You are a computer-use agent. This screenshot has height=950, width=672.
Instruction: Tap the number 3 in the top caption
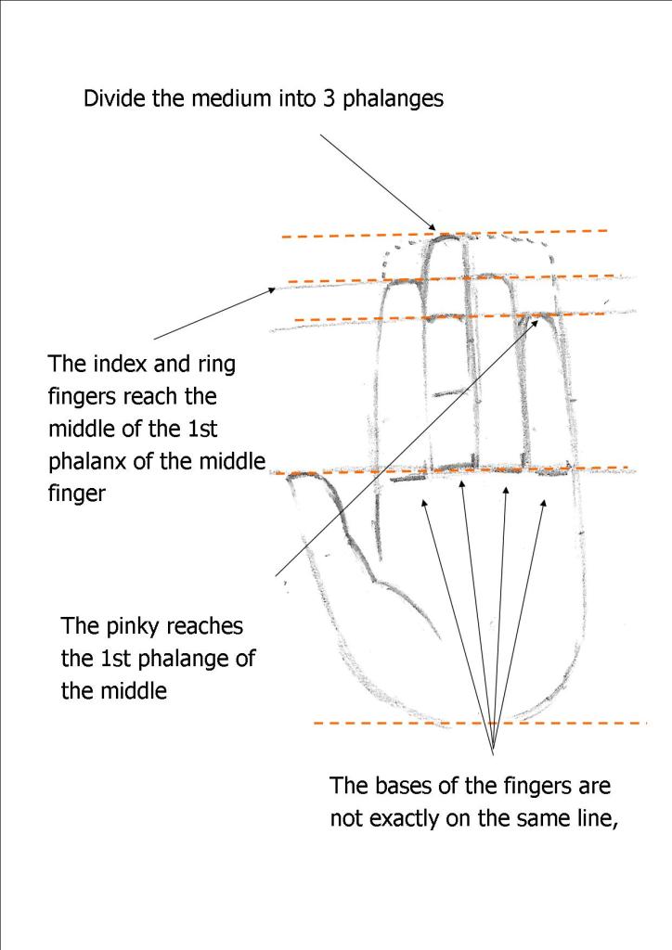pyautogui.click(x=329, y=98)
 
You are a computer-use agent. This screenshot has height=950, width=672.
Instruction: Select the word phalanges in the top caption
pyautogui.click(x=394, y=99)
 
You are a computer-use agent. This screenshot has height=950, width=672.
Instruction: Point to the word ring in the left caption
pyautogui.click(x=216, y=365)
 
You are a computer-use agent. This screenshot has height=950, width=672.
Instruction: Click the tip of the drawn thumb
pyautogui.click(x=291, y=477)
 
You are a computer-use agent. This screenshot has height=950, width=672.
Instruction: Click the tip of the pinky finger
pyautogui.click(x=540, y=315)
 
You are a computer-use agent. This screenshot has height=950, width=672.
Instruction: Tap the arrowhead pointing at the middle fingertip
pyautogui.click(x=432, y=226)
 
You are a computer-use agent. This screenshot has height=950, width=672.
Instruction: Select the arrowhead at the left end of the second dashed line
pyautogui.click(x=271, y=290)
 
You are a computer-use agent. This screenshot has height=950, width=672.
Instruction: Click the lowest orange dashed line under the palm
pyautogui.click(x=481, y=724)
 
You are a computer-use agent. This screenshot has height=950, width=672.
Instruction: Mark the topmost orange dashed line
pyautogui.click(x=446, y=233)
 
